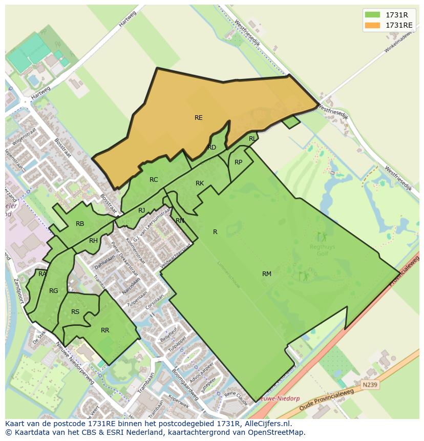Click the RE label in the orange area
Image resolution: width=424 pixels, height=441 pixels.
coord(198,118)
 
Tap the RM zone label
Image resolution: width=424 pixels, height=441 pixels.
coord(266,274)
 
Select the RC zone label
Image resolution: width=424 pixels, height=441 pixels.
coord(154,180)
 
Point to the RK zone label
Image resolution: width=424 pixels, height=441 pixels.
coord(200,183)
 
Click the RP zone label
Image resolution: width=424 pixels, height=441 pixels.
coord(238,162)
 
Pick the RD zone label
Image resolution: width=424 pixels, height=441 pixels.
coord(211,148)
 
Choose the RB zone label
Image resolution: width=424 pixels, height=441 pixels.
coord(80,224)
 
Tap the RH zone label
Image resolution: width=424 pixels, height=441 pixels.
coord(93,241)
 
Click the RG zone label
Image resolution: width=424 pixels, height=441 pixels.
coord(53,291)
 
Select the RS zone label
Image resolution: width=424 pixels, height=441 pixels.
coord(75,312)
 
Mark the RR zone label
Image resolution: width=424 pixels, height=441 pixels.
coord(105,330)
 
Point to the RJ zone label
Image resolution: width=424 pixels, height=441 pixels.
coord(142,211)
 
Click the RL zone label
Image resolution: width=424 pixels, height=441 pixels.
coord(252,139)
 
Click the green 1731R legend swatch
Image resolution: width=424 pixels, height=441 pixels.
coord(372,15)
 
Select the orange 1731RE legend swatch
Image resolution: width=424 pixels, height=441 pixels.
coord(372,25)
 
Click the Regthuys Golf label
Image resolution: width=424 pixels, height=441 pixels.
coord(323,250)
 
